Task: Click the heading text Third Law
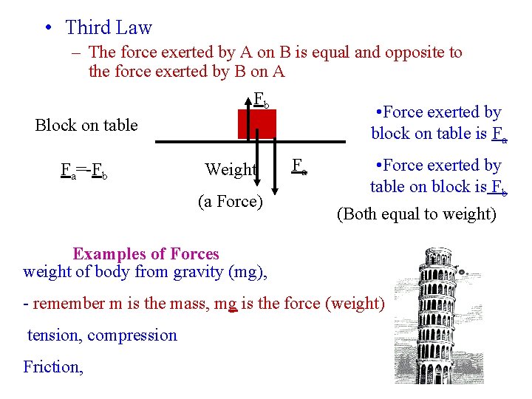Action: tap(108, 28)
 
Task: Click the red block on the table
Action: tap(256, 123)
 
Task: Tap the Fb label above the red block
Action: tap(262, 99)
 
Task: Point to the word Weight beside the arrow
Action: tap(231, 169)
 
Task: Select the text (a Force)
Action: tap(231, 200)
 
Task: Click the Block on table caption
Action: tap(86, 125)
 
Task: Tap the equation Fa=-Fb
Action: tap(85, 171)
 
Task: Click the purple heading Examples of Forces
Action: tap(146, 254)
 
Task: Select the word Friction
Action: tap(52, 366)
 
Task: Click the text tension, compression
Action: tap(102, 335)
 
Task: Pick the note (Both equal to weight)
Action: tap(416, 214)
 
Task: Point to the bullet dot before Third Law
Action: tap(47, 29)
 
